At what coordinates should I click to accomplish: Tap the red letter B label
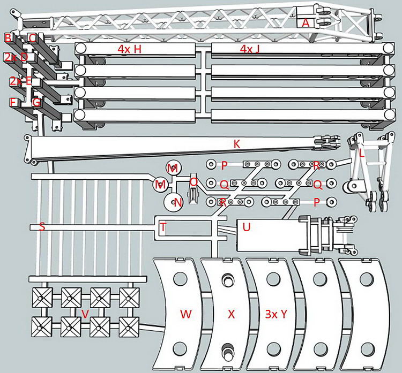click(x=8, y=37)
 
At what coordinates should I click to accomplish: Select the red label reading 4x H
click(x=129, y=49)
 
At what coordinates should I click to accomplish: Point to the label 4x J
click(x=250, y=49)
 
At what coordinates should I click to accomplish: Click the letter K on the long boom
click(x=236, y=143)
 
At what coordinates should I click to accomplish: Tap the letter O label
click(x=194, y=182)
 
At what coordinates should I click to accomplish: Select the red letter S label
click(x=42, y=227)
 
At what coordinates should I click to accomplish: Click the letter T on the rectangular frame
click(x=163, y=227)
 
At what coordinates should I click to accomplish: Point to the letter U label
click(x=246, y=227)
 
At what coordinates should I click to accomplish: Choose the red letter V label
click(x=84, y=314)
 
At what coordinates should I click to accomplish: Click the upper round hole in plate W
click(x=178, y=279)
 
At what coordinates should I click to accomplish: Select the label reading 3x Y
click(x=276, y=315)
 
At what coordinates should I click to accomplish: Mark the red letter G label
click(x=36, y=102)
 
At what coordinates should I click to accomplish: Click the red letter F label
click(x=12, y=102)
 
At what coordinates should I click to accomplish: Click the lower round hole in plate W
click(x=178, y=349)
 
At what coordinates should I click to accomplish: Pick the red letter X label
click(x=231, y=315)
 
